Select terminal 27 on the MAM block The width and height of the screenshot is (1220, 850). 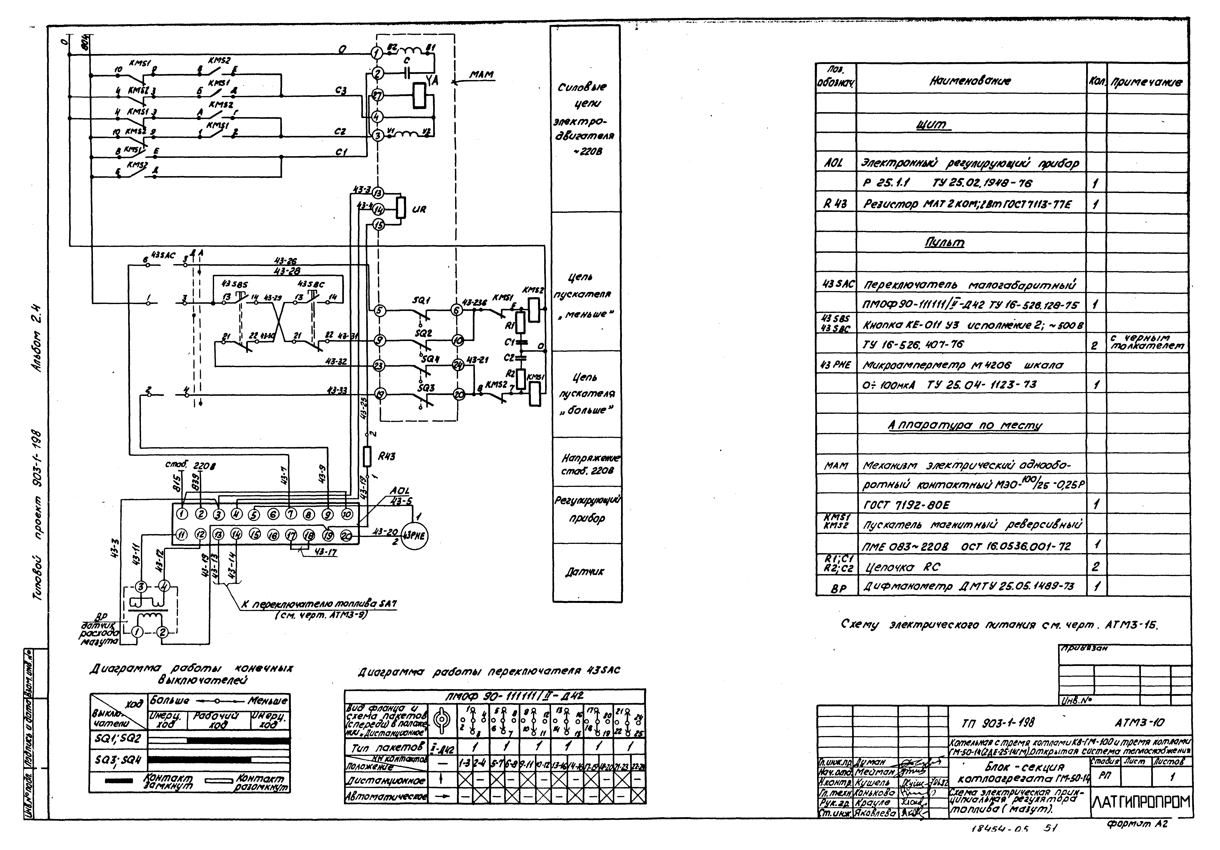[377, 96]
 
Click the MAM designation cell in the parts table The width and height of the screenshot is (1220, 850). [836, 466]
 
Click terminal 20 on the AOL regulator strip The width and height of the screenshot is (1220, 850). [346, 536]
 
